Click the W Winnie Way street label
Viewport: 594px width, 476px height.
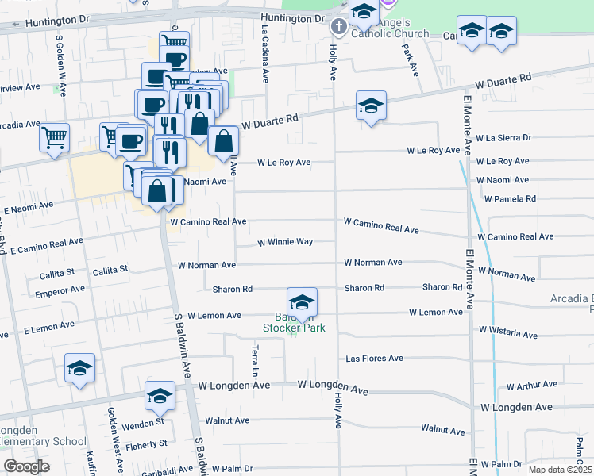point(285,242)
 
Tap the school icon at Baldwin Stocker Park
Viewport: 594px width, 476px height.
point(302,303)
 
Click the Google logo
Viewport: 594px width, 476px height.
point(26,466)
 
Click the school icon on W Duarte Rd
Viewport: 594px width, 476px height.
point(371,106)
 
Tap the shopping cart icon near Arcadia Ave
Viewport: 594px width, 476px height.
point(54,139)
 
